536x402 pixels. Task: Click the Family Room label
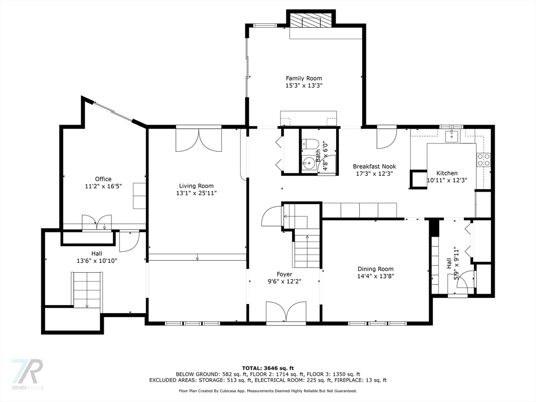pos(304,79)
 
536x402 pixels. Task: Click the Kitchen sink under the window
pos(451,136)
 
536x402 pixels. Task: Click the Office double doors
pos(97,222)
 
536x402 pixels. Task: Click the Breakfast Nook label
pos(374,166)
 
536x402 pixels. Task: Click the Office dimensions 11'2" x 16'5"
pos(103,186)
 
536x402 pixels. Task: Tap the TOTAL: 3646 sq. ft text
pos(267,367)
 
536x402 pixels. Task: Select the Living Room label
pos(196,186)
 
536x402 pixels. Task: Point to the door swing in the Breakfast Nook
pos(386,137)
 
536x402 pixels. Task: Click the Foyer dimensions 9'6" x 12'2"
pos(284,281)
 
